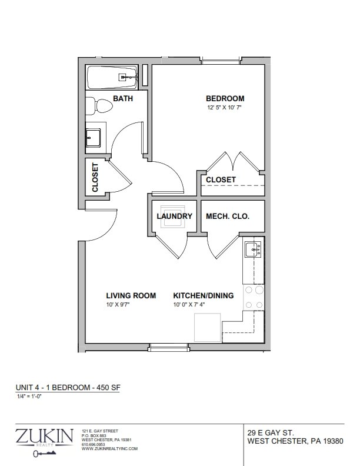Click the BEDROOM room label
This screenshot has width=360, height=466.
click(x=225, y=98)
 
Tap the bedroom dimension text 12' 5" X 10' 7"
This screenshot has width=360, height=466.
click(x=224, y=108)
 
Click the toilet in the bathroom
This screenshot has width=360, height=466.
click(x=99, y=105)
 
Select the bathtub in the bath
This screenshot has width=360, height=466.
click(x=112, y=78)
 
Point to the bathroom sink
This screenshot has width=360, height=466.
click(x=93, y=138)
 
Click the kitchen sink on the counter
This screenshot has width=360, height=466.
click(x=253, y=249)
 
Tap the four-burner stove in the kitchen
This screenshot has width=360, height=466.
click(x=254, y=298)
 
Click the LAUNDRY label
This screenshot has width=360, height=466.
click(x=174, y=217)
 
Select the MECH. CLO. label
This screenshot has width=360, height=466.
click(x=228, y=217)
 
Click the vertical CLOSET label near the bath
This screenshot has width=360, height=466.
click(x=95, y=178)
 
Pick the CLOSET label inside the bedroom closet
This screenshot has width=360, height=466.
click(x=221, y=180)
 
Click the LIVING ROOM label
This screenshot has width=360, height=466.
click(x=131, y=296)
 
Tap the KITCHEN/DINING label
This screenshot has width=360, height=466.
click(x=204, y=296)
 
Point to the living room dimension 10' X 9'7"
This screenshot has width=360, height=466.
click(x=118, y=305)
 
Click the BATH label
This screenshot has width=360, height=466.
click(x=123, y=98)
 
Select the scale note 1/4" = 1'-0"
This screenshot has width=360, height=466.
click(x=29, y=395)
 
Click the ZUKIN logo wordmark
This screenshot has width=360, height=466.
click(x=44, y=435)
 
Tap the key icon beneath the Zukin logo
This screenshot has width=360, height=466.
click(x=44, y=453)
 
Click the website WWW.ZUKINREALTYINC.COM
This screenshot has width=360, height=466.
click(x=109, y=449)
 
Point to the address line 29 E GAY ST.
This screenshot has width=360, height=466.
click(x=271, y=432)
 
